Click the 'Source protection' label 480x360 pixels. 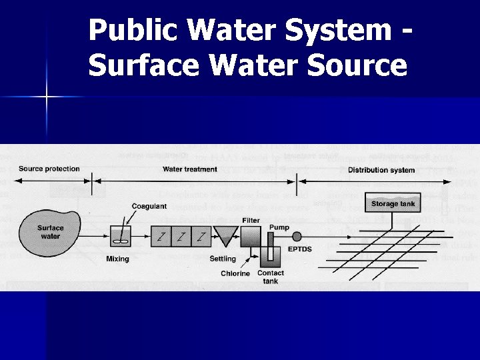coord(49,169)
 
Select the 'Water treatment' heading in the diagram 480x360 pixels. coord(190,169)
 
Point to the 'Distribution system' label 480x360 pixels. coord(381,170)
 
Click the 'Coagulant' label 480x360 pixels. coord(149,207)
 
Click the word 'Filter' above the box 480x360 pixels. coord(251,220)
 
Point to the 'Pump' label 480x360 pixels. coord(279,227)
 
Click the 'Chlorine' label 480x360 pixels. coord(235,273)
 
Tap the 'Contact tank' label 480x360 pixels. coord(271,277)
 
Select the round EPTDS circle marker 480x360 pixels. coord(297,236)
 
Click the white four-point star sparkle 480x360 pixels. coord(47,97)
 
